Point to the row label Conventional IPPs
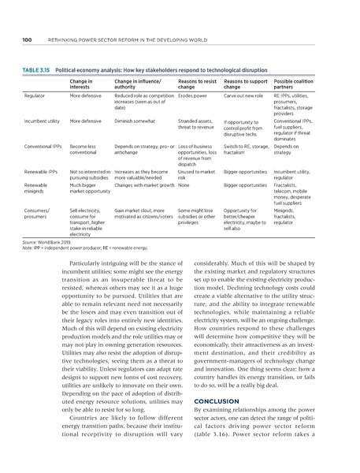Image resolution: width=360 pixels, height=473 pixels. click(44, 147)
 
